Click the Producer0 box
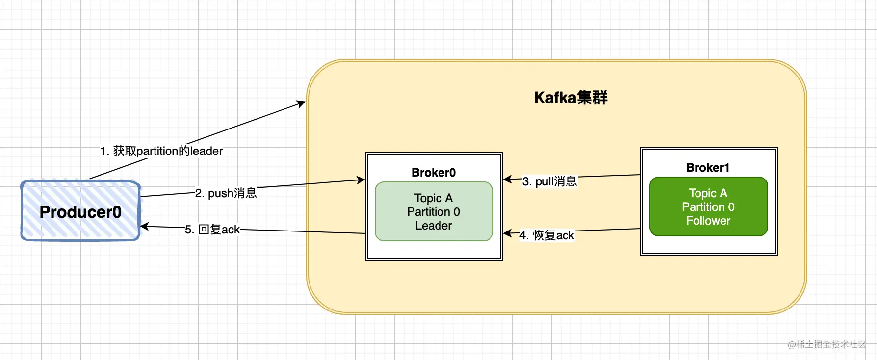click(x=80, y=211)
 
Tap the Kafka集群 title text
click(x=570, y=98)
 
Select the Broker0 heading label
click(x=434, y=173)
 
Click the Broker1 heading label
click(x=708, y=168)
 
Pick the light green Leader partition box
click(x=434, y=211)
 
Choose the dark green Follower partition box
click(x=709, y=206)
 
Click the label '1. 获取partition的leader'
click(x=161, y=151)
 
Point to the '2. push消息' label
click(x=226, y=193)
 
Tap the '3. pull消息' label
click(x=549, y=181)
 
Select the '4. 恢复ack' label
click(x=547, y=235)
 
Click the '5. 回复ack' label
click(x=212, y=230)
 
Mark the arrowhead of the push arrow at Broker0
click(x=361, y=180)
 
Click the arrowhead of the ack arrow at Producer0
click(x=145, y=226)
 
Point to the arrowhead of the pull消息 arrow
click(x=508, y=179)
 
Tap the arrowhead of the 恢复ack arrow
click(x=508, y=233)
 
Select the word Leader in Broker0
click(x=434, y=226)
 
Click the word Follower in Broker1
click(x=708, y=221)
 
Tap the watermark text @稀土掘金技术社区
click(x=827, y=344)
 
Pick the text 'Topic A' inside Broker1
click(x=708, y=193)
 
